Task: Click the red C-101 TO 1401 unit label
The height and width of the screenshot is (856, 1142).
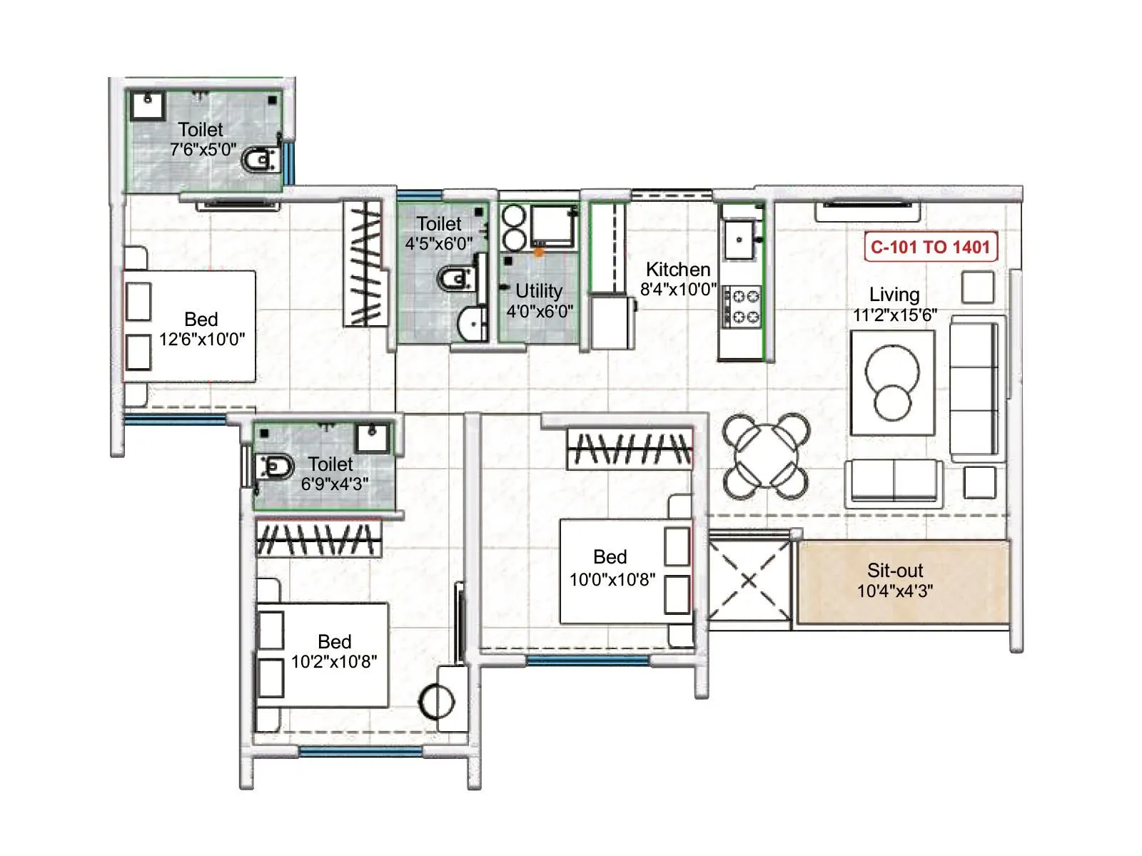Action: pyautogui.click(x=930, y=248)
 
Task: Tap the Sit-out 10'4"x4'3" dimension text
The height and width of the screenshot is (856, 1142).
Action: pyautogui.click(x=894, y=591)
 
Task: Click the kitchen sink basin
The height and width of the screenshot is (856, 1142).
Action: pyautogui.click(x=739, y=238)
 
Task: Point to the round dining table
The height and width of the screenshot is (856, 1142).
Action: pyautogui.click(x=766, y=455)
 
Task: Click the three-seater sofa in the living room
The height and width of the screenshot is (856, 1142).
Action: pyautogui.click(x=975, y=389)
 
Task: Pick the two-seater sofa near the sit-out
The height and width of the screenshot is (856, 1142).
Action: pyautogui.click(x=894, y=481)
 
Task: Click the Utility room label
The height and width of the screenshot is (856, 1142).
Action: pyautogui.click(x=539, y=291)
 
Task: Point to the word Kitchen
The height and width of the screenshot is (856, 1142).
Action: pyautogui.click(x=677, y=270)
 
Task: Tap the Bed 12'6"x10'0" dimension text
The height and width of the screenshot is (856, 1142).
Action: pyautogui.click(x=201, y=339)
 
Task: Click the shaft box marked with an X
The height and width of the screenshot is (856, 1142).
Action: pyautogui.click(x=749, y=579)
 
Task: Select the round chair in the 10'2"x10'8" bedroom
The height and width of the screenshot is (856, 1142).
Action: pyautogui.click(x=436, y=701)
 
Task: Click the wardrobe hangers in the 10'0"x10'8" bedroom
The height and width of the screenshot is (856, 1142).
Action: pyautogui.click(x=630, y=449)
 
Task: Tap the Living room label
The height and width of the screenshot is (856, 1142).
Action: pyautogui.click(x=894, y=295)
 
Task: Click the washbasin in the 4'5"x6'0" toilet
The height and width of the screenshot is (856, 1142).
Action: pyautogui.click(x=471, y=325)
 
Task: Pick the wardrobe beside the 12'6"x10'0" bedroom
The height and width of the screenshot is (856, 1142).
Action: pyautogui.click(x=365, y=264)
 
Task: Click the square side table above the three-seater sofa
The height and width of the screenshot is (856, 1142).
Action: pyautogui.click(x=977, y=287)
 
